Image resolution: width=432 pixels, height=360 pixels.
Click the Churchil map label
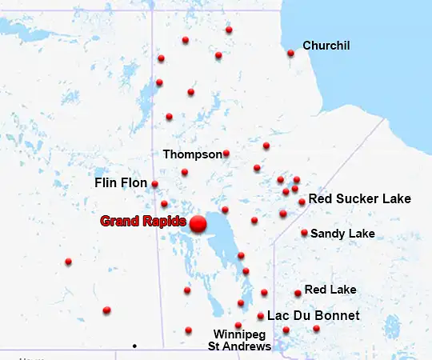(x=326, y=46)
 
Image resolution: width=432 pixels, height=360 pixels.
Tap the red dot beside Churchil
(x=290, y=54)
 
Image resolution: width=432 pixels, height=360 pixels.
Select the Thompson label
(x=192, y=154)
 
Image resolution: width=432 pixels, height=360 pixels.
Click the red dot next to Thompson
(x=226, y=153)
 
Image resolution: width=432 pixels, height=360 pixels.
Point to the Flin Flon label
(x=121, y=183)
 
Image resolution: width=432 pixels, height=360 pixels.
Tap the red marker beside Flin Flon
(x=154, y=184)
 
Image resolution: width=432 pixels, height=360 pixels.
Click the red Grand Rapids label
(x=143, y=221)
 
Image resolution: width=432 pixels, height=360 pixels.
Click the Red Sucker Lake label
(x=359, y=198)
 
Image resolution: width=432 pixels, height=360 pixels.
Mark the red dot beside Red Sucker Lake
(x=302, y=202)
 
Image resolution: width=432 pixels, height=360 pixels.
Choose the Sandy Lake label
(x=342, y=234)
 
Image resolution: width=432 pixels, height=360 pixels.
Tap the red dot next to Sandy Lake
(x=304, y=233)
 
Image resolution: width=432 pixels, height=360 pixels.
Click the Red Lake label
(x=330, y=290)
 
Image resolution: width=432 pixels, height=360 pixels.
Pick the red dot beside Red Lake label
(x=298, y=293)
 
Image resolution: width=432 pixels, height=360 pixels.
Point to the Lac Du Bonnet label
(x=313, y=316)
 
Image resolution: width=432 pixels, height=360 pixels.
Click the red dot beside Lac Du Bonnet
(x=261, y=316)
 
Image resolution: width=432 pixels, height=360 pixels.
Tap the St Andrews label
(x=239, y=346)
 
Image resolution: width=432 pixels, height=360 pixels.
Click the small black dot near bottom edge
(x=134, y=346)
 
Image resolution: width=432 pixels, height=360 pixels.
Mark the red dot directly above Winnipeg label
(x=238, y=325)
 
